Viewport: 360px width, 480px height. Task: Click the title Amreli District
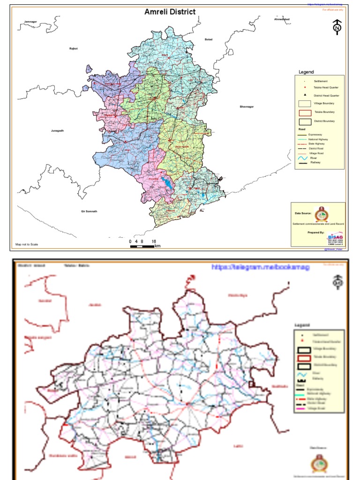pos(170,12)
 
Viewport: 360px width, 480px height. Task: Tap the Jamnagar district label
pos(30,22)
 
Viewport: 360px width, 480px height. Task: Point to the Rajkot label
pos(73,48)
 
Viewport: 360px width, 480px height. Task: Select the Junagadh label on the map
pos(57,130)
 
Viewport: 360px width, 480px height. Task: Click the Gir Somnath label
pos(89,211)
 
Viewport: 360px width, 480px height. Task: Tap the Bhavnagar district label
pos(247,107)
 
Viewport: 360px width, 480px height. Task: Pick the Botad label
pos(209,39)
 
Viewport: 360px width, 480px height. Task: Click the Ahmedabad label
pos(282,19)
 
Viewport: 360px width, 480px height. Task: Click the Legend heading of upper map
pos(306,72)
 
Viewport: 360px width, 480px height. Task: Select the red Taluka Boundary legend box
pos(305,112)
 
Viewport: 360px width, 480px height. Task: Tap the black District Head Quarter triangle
pos(305,95)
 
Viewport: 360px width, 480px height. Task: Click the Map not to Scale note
pos(27,244)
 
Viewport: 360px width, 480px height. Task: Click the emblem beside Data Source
pos(321,214)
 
